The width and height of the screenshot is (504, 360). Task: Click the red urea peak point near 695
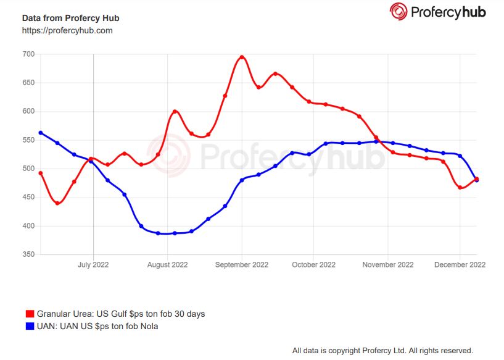pos(242,57)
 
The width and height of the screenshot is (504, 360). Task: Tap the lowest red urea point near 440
pos(57,203)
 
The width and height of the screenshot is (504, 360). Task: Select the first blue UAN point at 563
pos(41,133)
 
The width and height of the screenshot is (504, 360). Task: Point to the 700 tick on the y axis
pos(28,54)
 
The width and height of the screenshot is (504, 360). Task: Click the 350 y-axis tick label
pos(28,254)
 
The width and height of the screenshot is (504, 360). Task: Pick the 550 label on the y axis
pos(28,140)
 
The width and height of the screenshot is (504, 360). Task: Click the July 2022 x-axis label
pos(93,265)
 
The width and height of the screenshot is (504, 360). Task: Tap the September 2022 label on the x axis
pos(242,265)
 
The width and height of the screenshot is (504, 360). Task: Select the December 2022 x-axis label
pos(460,265)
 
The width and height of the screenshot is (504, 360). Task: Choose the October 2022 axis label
pos(313,265)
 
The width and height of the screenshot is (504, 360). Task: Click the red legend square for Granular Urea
pos(30,314)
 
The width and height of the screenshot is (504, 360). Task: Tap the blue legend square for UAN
pos(30,326)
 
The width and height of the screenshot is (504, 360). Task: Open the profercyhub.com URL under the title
pos(67,30)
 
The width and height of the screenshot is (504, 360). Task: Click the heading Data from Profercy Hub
pos(70,17)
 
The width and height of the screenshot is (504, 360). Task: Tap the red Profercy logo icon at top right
pos(399,11)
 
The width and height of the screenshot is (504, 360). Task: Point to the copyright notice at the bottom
pos(382,350)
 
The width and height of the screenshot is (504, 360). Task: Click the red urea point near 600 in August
pos(175,112)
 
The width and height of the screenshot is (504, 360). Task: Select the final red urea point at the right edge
pos(476,179)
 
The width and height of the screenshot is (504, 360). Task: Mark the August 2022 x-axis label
pos(167,265)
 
